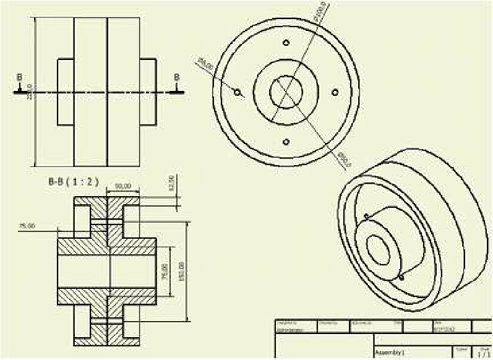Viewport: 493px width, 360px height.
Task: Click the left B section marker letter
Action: pyautogui.click(x=19, y=77)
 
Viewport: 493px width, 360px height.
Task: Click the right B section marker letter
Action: pyautogui.click(x=177, y=77)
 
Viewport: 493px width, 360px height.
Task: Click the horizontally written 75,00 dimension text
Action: pyautogui.click(x=27, y=226)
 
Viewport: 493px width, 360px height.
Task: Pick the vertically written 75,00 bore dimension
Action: pyautogui.click(x=164, y=271)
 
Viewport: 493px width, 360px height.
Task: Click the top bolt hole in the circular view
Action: pyautogui.click(x=286, y=43)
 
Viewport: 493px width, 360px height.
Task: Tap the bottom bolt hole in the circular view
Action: pyautogui.click(x=286, y=142)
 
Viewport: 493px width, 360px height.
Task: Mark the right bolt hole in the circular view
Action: pyautogui.click(x=335, y=92)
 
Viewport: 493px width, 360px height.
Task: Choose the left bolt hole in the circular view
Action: pyautogui.click(x=237, y=92)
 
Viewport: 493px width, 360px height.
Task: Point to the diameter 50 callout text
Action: pyautogui.click(x=344, y=160)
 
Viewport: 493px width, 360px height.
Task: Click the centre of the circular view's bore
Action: pyautogui.click(x=286, y=92)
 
